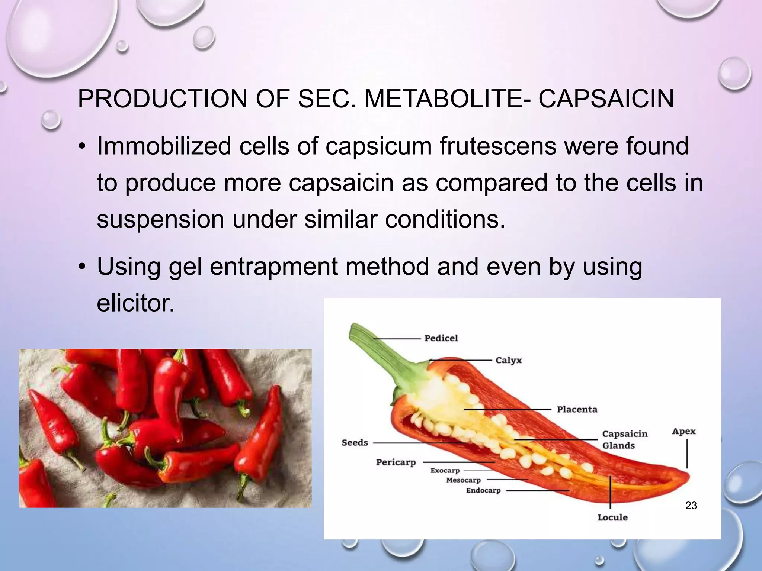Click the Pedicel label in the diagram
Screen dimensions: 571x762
coord(441,338)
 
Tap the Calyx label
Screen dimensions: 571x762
coord(509,360)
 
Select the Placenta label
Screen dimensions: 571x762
coord(577,409)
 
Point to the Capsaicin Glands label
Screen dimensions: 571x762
coord(625,439)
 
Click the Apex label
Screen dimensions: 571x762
coord(683,431)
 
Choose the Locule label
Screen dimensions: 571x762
coord(612,517)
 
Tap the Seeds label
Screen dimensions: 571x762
coord(355,442)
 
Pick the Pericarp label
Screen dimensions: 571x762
coord(396,462)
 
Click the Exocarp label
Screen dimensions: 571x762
coord(445,470)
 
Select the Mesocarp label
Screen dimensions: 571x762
coord(463,480)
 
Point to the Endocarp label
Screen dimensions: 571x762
coord(483,490)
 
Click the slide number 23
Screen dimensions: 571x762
coord(691,506)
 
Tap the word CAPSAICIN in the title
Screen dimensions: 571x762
coord(606,99)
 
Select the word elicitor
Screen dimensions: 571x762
coord(135,303)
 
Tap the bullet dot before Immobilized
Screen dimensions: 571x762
coord(82,146)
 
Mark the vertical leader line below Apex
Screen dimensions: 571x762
coord(687,454)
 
